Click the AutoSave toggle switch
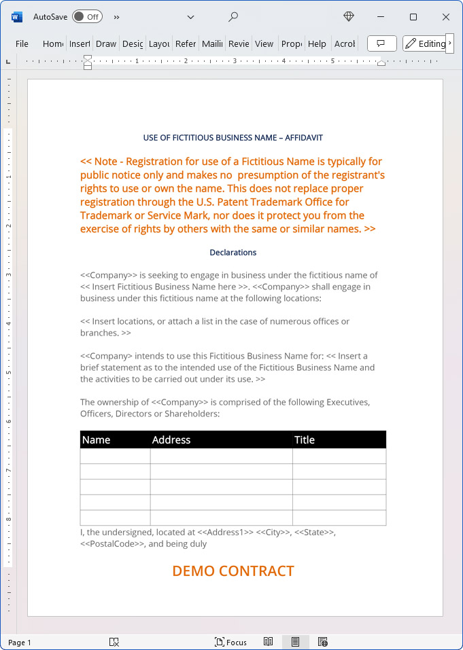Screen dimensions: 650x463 [x=86, y=16]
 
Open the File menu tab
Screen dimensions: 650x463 [x=22, y=43]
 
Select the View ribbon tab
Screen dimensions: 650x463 [x=264, y=43]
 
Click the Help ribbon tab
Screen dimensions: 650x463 [x=317, y=43]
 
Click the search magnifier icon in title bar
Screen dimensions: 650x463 [x=233, y=16]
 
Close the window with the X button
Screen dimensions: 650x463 [x=446, y=16]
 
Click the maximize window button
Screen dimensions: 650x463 [x=413, y=16]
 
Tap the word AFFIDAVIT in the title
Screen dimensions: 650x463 [x=304, y=138]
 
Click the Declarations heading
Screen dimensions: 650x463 [x=233, y=253]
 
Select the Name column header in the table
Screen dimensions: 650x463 [x=97, y=440]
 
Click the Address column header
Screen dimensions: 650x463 [x=171, y=440]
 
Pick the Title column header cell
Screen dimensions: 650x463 [x=305, y=440]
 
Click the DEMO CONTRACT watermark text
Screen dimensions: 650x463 [x=233, y=571]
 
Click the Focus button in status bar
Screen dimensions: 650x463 [x=231, y=642]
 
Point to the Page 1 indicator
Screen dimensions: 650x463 [x=20, y=643]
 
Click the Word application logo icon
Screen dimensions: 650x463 [x=17, y=16]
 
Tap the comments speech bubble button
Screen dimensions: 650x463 [x=381, y=43]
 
